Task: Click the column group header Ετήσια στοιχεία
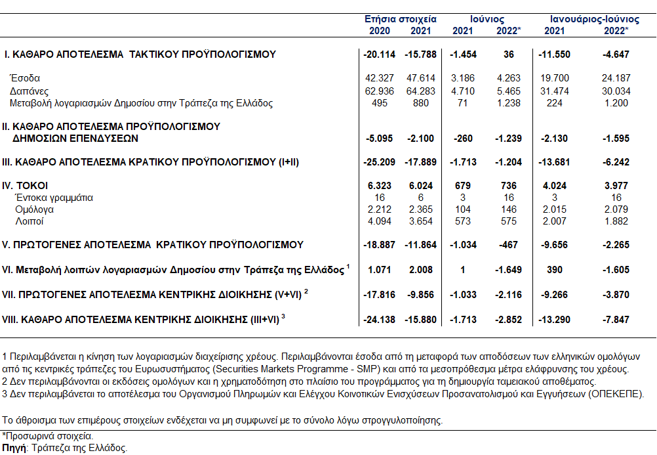pyautogui.click(x=400, y=19)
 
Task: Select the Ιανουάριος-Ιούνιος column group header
pyautogui.click(x=595, y=19)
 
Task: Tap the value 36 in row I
pyautogui.click(x=509, y=54)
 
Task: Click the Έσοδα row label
pyautogui.click(x=25, y=78)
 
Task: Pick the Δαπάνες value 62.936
pyautogui.click(x=380, y=91)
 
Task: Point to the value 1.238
pyautogui.click(x=509, y=103)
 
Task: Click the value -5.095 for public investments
pyautogui.click(x=379, y=139)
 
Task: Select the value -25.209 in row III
pyautogui.click(x=379, y=162)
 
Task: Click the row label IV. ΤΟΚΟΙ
pyautogui.click(x=25, y=186)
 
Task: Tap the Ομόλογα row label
pyautogui.click(x=34, y=209)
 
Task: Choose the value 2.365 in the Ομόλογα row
pyautogui.click(x=421, y=209)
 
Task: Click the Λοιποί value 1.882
pyautogui.click(x=616, y=221)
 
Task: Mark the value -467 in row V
pyautogui.click(x=509, y=245)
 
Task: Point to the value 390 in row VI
pyautogui.click(x=554, y=270)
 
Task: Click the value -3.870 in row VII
pyautogui.click(x=616, y=295)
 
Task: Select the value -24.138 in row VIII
pyautogui.click(x=379, y=320)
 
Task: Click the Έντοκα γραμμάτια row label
pyautogui.click(x=54, y=198)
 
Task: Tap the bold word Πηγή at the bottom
pyautogui.click(x=14, y=448)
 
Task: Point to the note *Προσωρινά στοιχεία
pyautogui.click(x=48, y=436)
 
